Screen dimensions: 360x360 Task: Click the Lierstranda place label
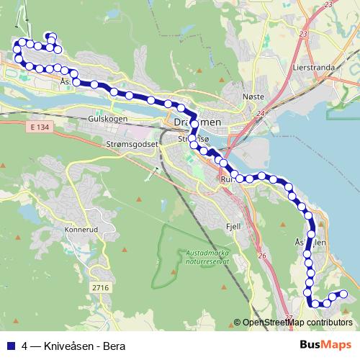tap(315, 67)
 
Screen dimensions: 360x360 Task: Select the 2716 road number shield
tap(100, 287)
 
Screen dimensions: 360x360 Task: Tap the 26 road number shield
tap(263, 256)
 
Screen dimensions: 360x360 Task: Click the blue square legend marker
tap(10, 345)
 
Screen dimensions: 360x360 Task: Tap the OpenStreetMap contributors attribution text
tap(297, 323)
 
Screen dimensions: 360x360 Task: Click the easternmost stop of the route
tap(343, 293)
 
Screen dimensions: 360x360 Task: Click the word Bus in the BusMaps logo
tap(310, 344)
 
